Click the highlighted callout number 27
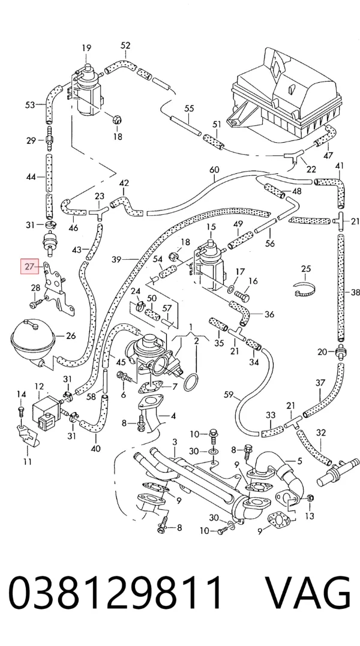coord(29,266)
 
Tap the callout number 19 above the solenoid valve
coord(86,48)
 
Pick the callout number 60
coord(215,169)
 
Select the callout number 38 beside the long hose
coord(355,293)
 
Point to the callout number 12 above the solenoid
coord(39,386)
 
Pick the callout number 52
coord(125,46)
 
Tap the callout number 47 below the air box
coord(328,155)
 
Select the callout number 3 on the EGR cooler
coord(175,442)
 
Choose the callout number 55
coord(189,109)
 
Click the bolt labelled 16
coord(242,295)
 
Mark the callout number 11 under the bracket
coord(27,461)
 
